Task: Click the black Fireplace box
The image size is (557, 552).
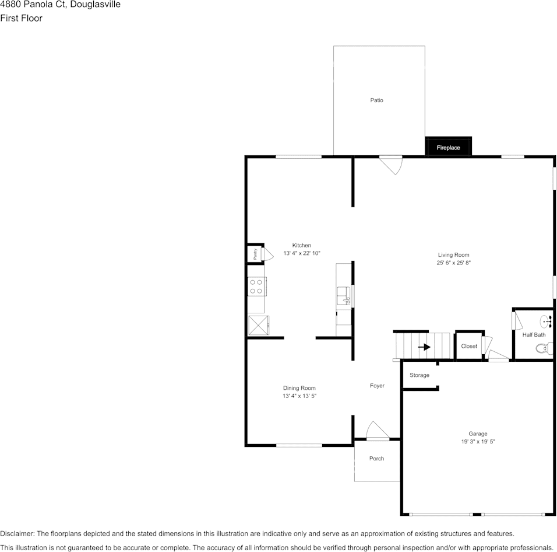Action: pyautogui.click(x=448, y=147)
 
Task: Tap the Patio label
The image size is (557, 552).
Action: pyautogui.click(x=376, y=100)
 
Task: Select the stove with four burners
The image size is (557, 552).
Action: pyautogui.click(x=256, y=287)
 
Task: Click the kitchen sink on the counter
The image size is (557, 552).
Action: pyautogui.click(x=344, y=295)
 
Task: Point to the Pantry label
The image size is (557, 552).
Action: pyautogui.click(x=255, y=254)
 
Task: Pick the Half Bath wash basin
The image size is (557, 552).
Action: pyautogui.click(x=547, y=320)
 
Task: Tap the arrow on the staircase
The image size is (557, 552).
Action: pyautogui.click(x=424, y=347)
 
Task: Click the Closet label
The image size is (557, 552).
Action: pyautogui.click(x=468, y=346)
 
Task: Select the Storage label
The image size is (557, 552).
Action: pyautogui.click(x=419, y=375)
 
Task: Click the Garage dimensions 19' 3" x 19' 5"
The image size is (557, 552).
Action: pyautogui.click(x=478, y=442)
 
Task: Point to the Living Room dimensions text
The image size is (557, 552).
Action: pyautogui.click(x=453, y=263)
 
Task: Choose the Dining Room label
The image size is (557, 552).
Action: pyautogui.click(x=299, y=388)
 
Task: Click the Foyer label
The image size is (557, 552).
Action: pyautogui.click(x=377, y=386)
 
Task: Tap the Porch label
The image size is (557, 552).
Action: pyautogui.click(x=376, y=459)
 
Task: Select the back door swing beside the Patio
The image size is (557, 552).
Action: pyautogui.click(x=391, y=164)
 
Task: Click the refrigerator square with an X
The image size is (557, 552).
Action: pyautogui.click(x=258, y=325)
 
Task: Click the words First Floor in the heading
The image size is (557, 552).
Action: pyautogui.click(x=21, y=18)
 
